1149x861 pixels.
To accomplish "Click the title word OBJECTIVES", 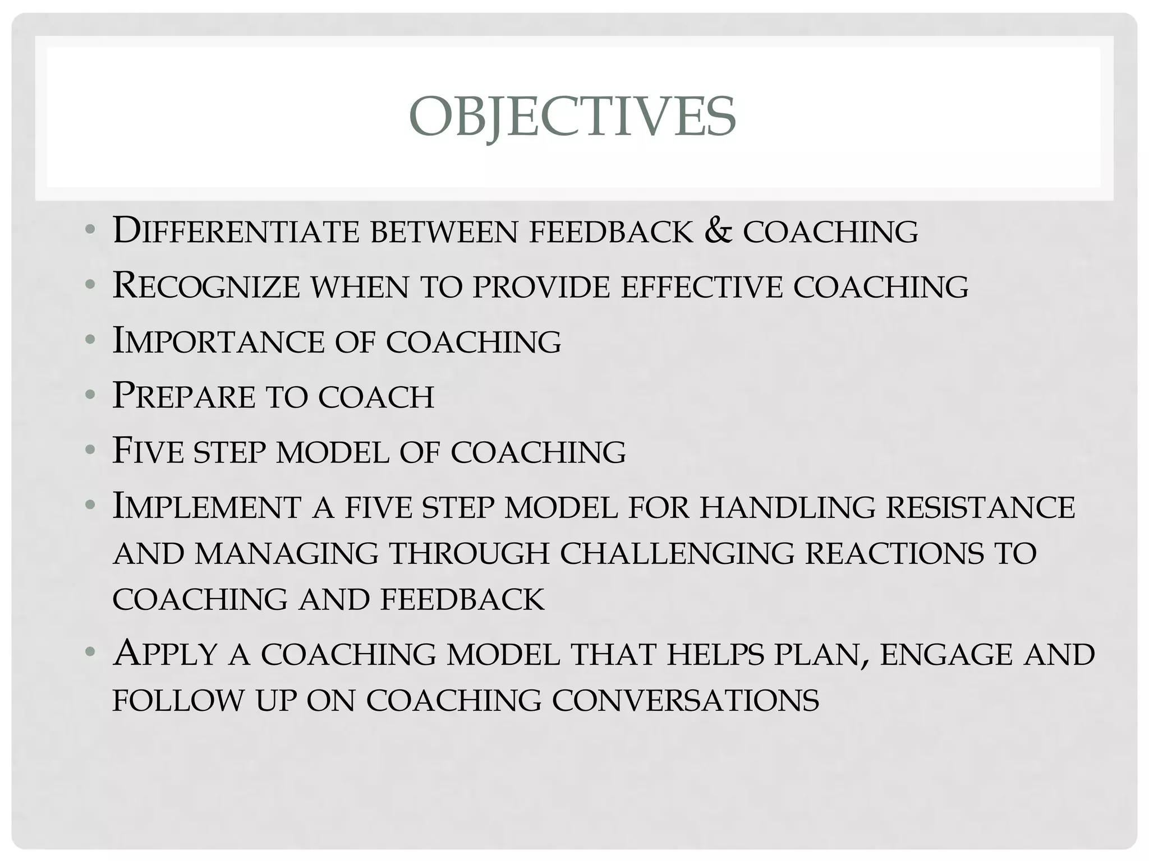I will pyautogui.click(x=572, y=117).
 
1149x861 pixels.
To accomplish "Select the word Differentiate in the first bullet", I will pyautogui.click(x=236, y=231).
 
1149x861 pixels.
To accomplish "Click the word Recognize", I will pyautogui.click(x=206, y=286).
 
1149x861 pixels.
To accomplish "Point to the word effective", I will pyautogui.click(x=701, y=286).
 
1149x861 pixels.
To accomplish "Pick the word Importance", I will pyautogui.click(x=219, y=341).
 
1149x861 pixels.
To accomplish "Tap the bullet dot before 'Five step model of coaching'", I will pyautogui.click(x=90, y=450).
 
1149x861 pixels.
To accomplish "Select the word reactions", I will pyautogui.click(x=894, y=553).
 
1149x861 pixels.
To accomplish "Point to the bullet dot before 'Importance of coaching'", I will pyautogui.click(x=90, y=340).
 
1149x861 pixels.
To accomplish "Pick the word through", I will pyautogui.click(x=469, y=553).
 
